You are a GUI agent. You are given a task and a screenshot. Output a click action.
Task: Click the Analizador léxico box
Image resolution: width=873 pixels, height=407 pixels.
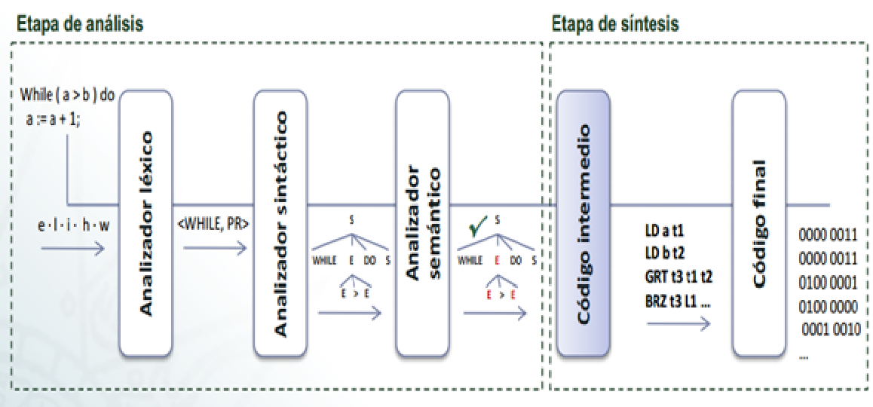tap(146, 222)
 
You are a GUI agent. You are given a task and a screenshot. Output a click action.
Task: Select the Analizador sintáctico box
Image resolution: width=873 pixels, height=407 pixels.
tap(281, 222)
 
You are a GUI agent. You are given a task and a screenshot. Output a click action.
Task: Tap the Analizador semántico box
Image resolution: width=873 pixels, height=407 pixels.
tap(422, 222)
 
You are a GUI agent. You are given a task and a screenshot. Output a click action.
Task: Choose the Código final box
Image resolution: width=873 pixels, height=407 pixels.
tap(758, 222)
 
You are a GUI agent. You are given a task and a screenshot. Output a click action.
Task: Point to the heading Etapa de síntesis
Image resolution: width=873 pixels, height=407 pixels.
tap(615, 23)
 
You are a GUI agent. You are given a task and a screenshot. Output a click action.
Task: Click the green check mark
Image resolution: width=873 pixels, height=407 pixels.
tap(475, 227)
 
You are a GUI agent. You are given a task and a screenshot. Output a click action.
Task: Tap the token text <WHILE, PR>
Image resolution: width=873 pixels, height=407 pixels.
tap(213, 225)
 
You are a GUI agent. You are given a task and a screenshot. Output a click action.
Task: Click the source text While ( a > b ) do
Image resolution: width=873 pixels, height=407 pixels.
tap(68, 97)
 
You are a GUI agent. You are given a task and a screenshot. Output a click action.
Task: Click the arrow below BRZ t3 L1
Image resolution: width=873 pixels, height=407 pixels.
tap(678, 322)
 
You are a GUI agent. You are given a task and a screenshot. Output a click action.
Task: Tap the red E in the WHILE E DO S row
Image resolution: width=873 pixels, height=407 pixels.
tap(497, 260)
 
